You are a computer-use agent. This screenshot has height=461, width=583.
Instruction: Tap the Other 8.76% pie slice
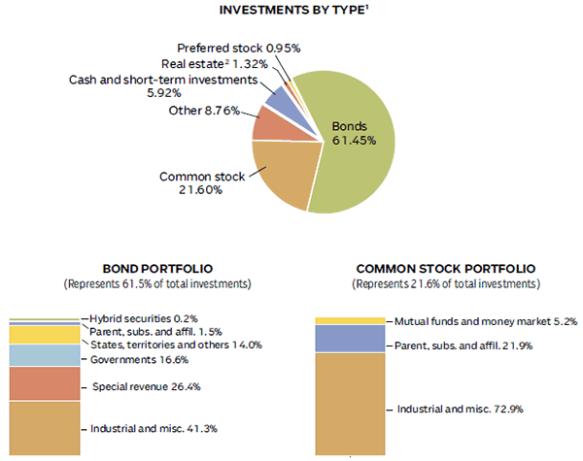[x=267, y=123]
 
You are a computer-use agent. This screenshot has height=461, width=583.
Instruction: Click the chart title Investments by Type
[x=291, y=12]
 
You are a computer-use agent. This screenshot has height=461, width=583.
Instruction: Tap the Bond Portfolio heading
[x=157, y=269]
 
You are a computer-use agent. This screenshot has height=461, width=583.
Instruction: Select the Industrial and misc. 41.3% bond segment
[x=44, y=428]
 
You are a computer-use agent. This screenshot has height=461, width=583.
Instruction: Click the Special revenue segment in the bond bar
[x=44, y=384]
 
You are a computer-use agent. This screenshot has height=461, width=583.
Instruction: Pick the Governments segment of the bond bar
[x=44, y=356]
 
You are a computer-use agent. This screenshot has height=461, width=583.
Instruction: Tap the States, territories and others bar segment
[x=44, y=335]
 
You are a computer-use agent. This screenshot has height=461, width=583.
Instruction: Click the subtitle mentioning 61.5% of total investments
[x=157, y=284]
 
